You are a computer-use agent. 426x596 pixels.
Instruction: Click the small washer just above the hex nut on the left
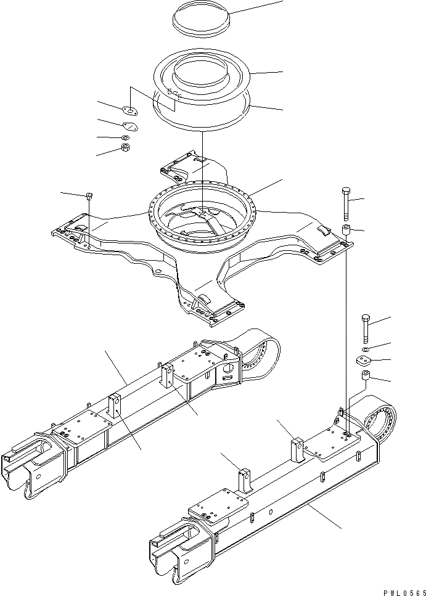click(125, 137)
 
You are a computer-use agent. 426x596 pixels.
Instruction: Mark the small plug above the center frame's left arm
click(89, 196)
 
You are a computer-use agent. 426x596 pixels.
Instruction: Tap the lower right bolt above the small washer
click(365, 327)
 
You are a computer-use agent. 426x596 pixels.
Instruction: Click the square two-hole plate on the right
click(364, 362)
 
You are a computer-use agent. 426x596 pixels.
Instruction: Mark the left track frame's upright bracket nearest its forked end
click(115, 406)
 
